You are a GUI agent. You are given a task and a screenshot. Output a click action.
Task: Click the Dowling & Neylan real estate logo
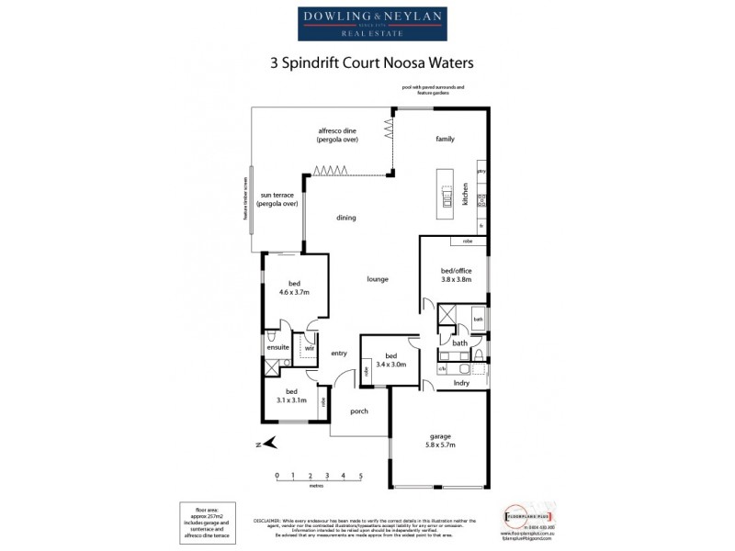(367, 24)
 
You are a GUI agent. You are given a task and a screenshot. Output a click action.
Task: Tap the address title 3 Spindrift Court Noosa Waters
(367, 65)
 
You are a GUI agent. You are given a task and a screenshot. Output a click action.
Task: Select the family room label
(445, 140)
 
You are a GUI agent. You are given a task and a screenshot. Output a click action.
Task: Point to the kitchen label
(466, 195)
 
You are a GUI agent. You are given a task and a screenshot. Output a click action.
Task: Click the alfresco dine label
(337, 130)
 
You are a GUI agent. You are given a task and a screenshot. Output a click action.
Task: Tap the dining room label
(345, 218)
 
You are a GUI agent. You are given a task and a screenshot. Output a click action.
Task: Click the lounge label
(377, 279)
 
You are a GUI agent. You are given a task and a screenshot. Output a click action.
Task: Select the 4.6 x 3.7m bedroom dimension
(294, 292)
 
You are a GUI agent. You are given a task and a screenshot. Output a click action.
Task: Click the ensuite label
(278, 348)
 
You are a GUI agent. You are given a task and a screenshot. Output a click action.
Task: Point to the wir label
(310, 348)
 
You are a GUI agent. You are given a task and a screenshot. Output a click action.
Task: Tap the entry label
(339, 353)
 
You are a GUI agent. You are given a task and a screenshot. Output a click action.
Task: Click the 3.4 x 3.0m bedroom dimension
(390, 365)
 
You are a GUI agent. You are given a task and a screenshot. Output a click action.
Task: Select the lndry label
(462, 383)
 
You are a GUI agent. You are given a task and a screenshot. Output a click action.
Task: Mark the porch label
(358, 410)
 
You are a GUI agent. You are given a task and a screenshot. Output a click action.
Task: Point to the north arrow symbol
(269, 444)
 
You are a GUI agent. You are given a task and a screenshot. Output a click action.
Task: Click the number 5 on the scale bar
(361, 475)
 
